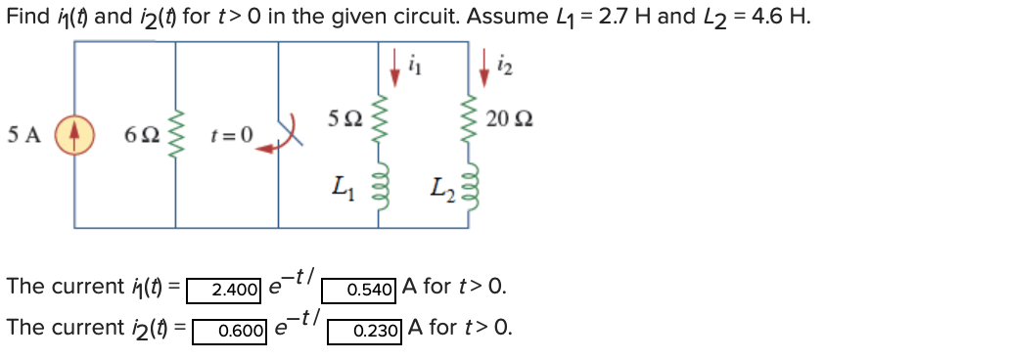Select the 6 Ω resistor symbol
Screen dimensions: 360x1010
tap(177, 134)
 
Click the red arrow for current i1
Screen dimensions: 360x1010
tap(395, 65)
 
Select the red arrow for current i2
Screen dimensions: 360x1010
tap(486, 65)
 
